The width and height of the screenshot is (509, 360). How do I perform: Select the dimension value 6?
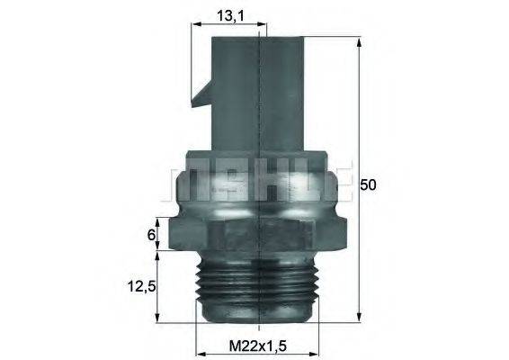pos(152,236)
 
